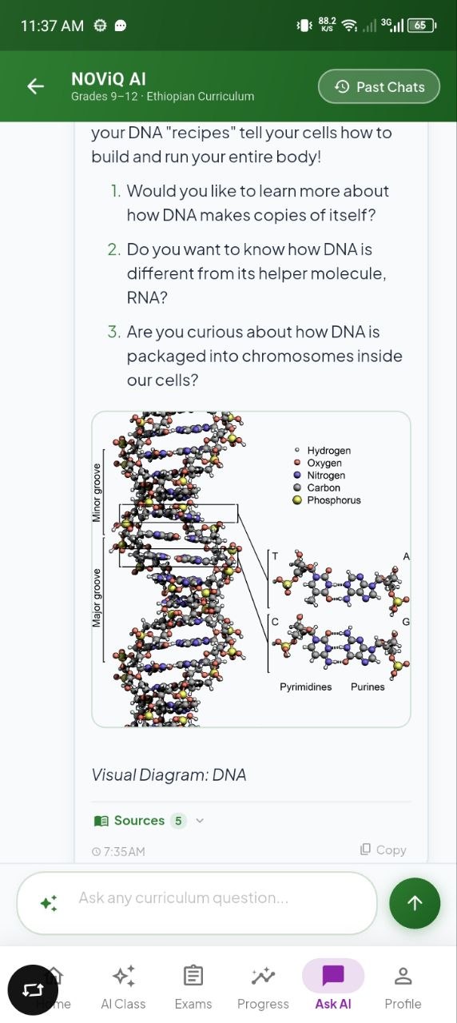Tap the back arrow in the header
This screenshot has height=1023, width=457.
36,86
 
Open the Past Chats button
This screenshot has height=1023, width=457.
379,86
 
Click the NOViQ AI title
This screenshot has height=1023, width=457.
109,79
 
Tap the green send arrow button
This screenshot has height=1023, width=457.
415,903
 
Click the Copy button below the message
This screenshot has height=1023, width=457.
383,850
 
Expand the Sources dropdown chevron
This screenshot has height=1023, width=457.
200,821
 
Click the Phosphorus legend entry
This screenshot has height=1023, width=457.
327,500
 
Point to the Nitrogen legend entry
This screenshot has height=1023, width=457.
319,476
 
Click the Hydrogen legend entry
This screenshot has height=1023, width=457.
323,451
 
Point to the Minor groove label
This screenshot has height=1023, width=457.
97,493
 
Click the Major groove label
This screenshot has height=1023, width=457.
97,598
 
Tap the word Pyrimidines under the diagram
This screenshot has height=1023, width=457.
306,687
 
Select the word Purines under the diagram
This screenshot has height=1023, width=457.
368,687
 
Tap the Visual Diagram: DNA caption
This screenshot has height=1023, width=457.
169,775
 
